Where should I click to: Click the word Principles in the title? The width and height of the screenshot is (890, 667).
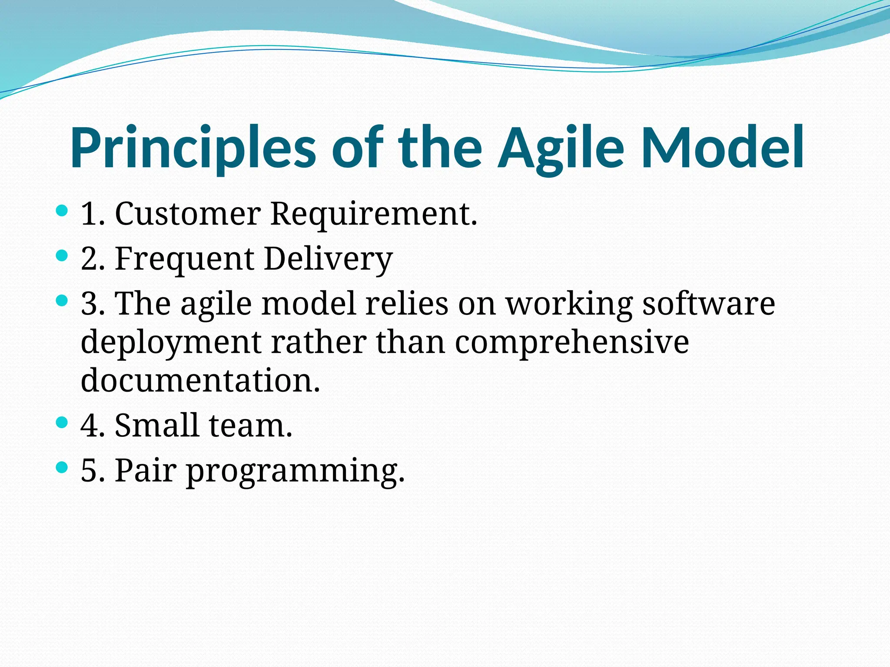click(193, 148)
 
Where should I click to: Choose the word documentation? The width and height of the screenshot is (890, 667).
click(200, 379)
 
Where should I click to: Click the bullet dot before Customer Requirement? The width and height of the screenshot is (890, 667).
click(62, 211)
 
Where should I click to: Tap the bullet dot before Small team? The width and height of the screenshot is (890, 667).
click(62, 422)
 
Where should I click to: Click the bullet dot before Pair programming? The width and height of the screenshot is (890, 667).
click(62, 467)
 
